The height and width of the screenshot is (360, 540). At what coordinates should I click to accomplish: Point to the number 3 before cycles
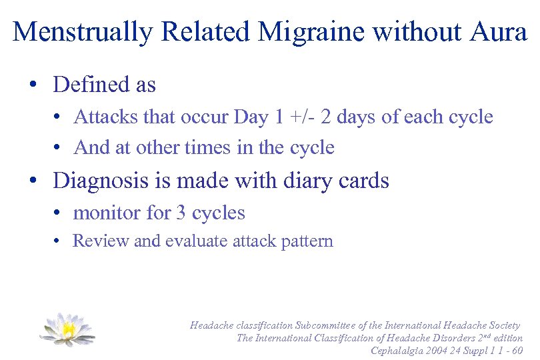(181, 213)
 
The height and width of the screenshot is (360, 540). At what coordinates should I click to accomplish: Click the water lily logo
(67, 329)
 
